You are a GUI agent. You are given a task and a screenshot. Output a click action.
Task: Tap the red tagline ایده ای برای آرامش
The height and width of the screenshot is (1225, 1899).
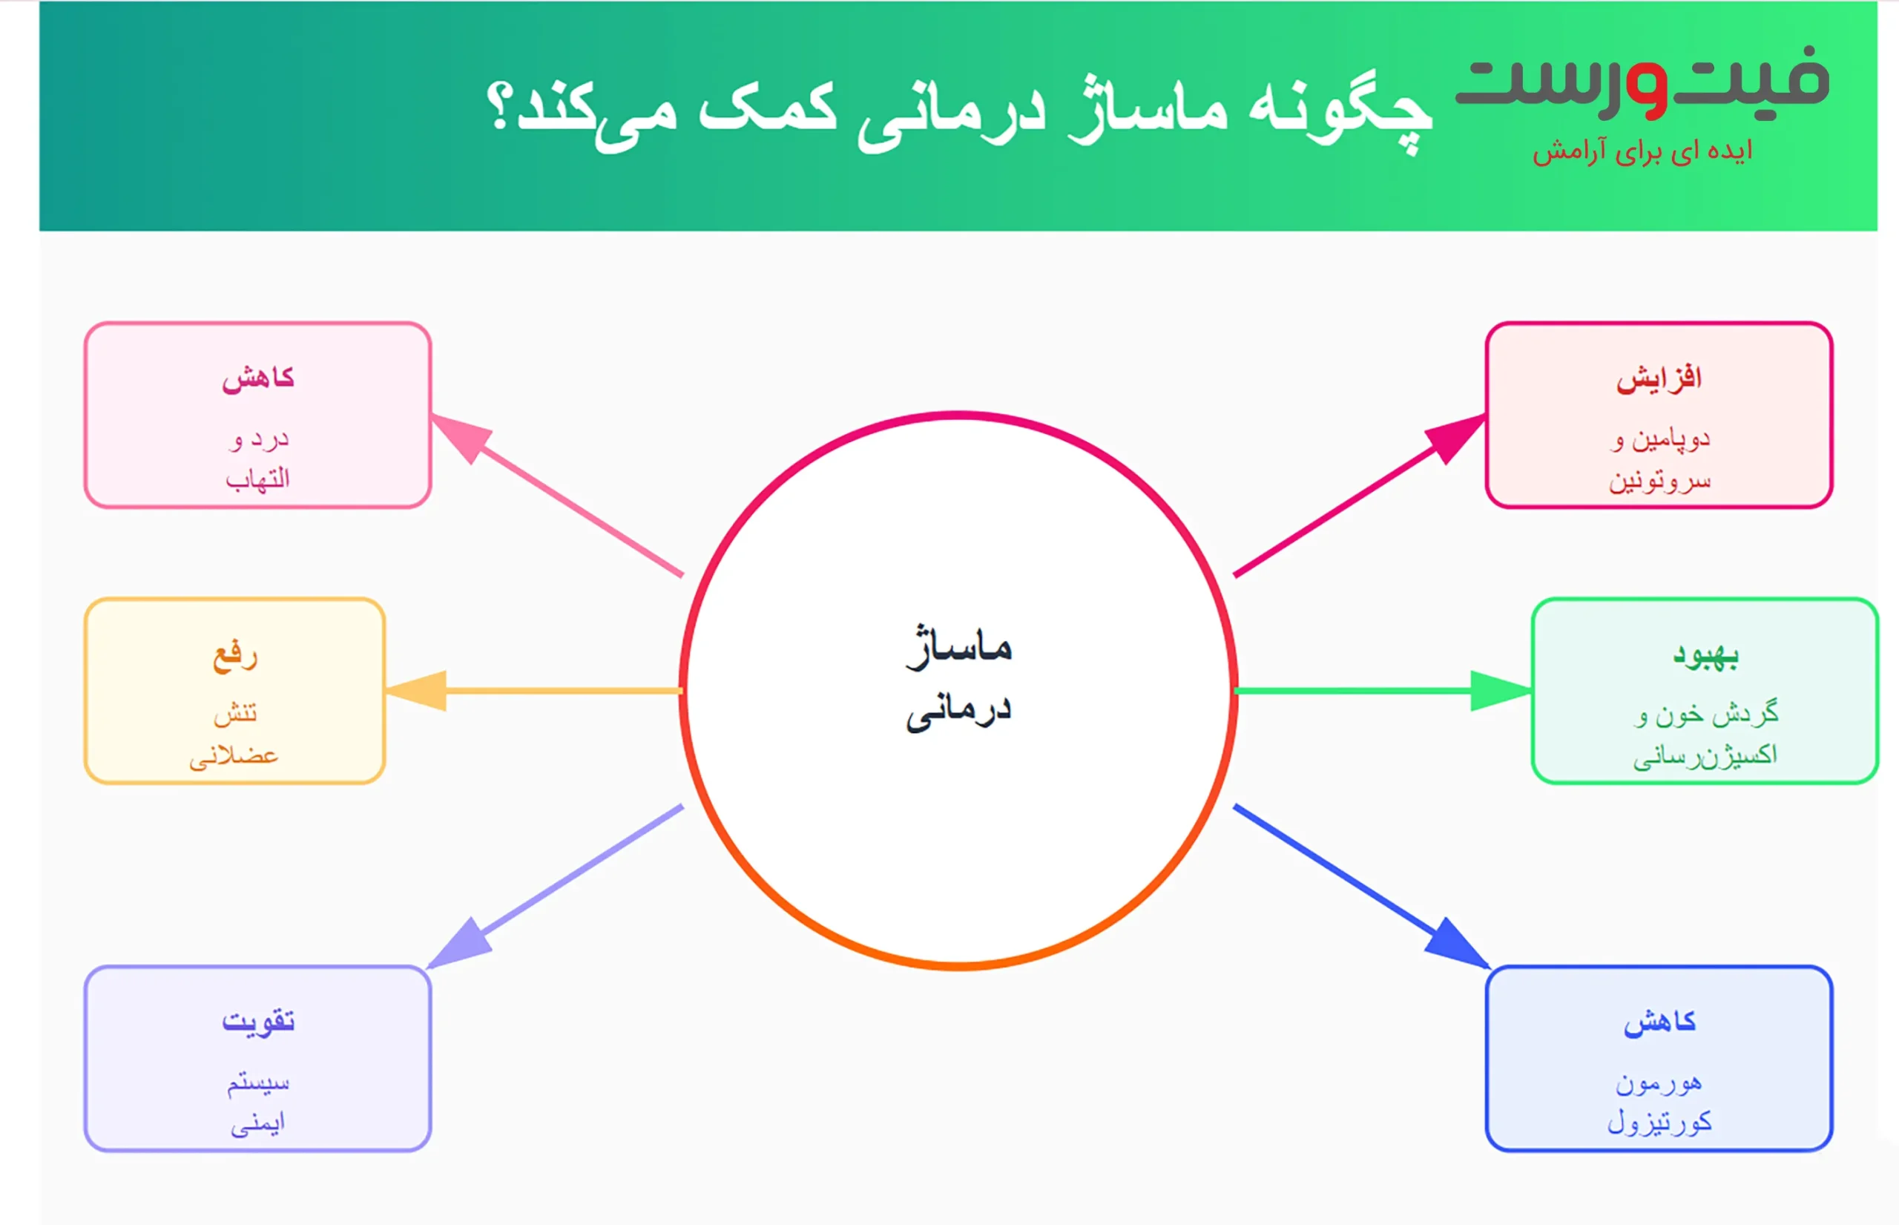(x=1642, y=151)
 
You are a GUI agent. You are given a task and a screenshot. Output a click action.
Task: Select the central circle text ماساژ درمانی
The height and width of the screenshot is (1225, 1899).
(x=958, y=677)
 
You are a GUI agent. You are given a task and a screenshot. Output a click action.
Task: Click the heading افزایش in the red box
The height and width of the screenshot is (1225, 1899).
(x=1659, y=378)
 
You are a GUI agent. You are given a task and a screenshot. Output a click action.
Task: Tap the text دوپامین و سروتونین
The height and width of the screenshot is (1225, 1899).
(x=1659, y=460)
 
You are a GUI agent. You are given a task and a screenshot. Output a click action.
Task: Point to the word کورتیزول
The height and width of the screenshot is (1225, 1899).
(x=1659, y=1123)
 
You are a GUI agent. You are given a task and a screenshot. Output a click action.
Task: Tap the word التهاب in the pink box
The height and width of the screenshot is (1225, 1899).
(x=257, y=479)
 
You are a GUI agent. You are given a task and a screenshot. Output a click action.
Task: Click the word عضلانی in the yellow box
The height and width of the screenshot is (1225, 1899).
(x=234, y=755)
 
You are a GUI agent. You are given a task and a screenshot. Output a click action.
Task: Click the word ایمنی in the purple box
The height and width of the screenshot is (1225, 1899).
(x=257, y=1123)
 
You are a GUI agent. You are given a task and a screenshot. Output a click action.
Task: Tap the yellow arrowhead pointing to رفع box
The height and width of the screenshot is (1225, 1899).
(x=418, y=691)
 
